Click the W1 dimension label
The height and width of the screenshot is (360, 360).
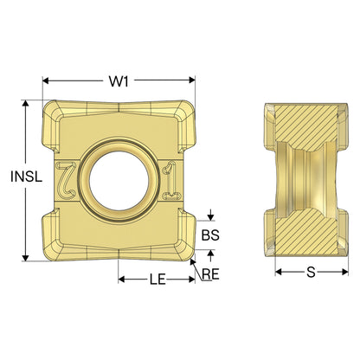119,81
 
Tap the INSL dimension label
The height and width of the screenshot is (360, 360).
26,177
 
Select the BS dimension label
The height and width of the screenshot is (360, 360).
210,235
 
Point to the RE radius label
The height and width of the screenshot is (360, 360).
210,274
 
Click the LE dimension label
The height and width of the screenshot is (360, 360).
157,280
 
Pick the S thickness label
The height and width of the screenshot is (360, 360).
311,272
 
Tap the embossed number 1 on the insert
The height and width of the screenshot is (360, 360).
171,181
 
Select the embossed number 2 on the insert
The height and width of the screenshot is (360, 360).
66,181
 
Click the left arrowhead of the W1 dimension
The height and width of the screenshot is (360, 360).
46,80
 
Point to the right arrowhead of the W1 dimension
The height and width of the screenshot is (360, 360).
192,80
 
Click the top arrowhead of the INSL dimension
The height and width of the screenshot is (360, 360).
26,104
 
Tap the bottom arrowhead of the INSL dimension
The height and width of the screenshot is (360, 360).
26,258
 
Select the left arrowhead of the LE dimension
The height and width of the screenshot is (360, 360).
122,280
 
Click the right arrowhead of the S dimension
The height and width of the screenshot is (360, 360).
344,272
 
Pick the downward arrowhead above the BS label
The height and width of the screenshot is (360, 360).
211,217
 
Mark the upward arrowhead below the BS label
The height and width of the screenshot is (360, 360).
211,254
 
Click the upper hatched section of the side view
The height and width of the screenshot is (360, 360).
305,127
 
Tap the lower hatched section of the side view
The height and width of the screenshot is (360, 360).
305,232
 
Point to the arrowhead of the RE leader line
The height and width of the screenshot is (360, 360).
193,262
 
